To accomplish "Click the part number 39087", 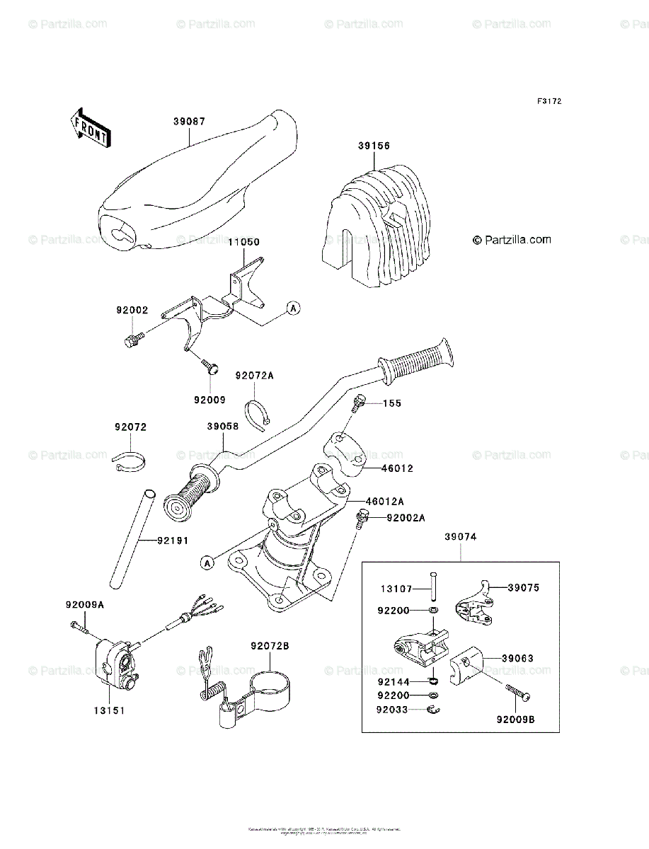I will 189,121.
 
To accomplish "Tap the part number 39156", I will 373,146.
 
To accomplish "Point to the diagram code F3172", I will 549,102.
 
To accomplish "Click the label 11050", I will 243,242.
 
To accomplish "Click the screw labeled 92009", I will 210,366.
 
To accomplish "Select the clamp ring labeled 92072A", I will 258,412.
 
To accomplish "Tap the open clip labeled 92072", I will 129,462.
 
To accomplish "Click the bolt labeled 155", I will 357,402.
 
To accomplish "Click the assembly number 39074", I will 461,537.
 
